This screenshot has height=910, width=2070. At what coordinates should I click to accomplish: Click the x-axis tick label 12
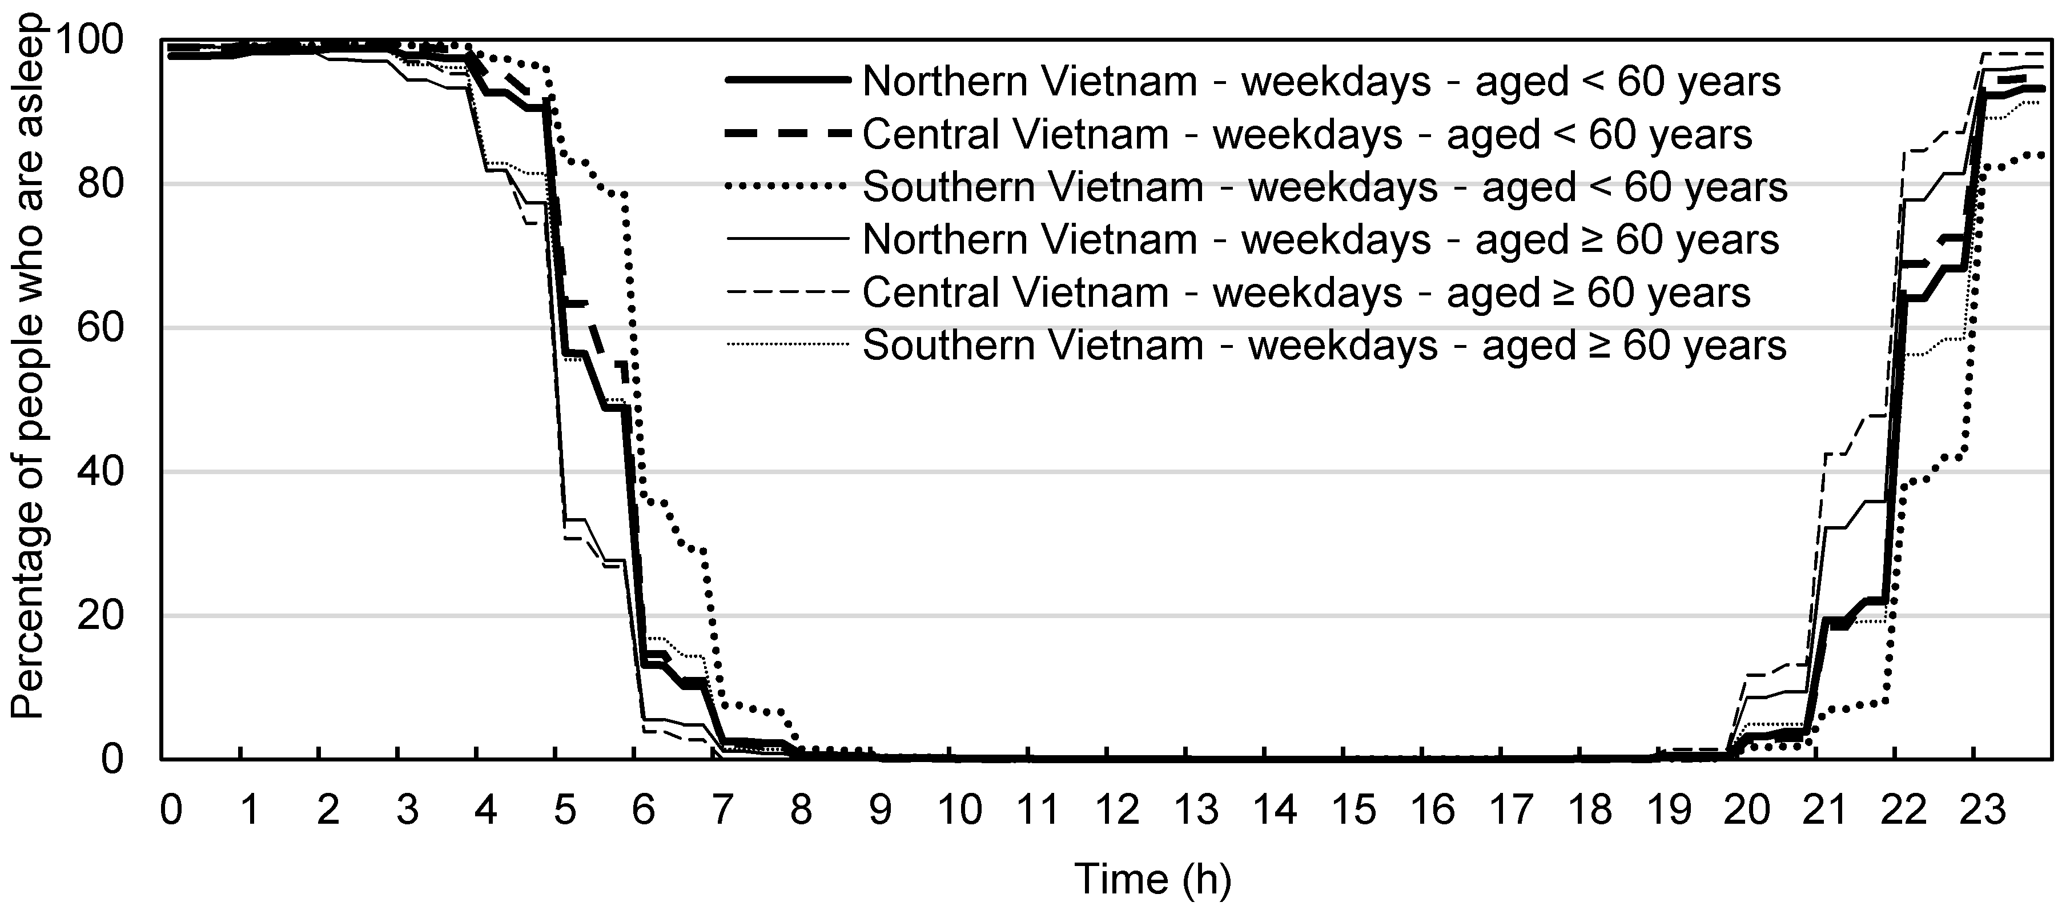coord(1118,809)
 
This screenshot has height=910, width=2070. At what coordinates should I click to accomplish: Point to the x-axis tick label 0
coord(170,809)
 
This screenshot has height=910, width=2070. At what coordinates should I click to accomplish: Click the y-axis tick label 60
coord(101,328)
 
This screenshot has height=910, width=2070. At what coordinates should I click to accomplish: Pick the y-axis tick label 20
coord(101,616)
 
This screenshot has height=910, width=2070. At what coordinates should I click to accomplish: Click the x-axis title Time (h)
coord(1152,879)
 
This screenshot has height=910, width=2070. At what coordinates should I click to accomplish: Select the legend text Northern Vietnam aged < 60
coord(1321,82)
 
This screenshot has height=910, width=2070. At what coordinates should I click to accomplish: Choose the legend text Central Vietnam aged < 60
coord(1307,135)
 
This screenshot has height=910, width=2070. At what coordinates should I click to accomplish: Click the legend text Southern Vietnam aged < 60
coord(1324,187)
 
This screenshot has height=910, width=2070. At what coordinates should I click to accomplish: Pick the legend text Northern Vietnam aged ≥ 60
coord(1320,240)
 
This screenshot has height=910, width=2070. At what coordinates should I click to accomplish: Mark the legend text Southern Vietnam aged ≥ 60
coord(1324,346)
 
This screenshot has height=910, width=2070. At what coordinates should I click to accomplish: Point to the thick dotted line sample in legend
coord(787,186)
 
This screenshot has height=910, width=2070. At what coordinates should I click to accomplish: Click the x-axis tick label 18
coord(1590,809)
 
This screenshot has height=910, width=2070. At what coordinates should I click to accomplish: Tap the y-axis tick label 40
coord(101,472)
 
